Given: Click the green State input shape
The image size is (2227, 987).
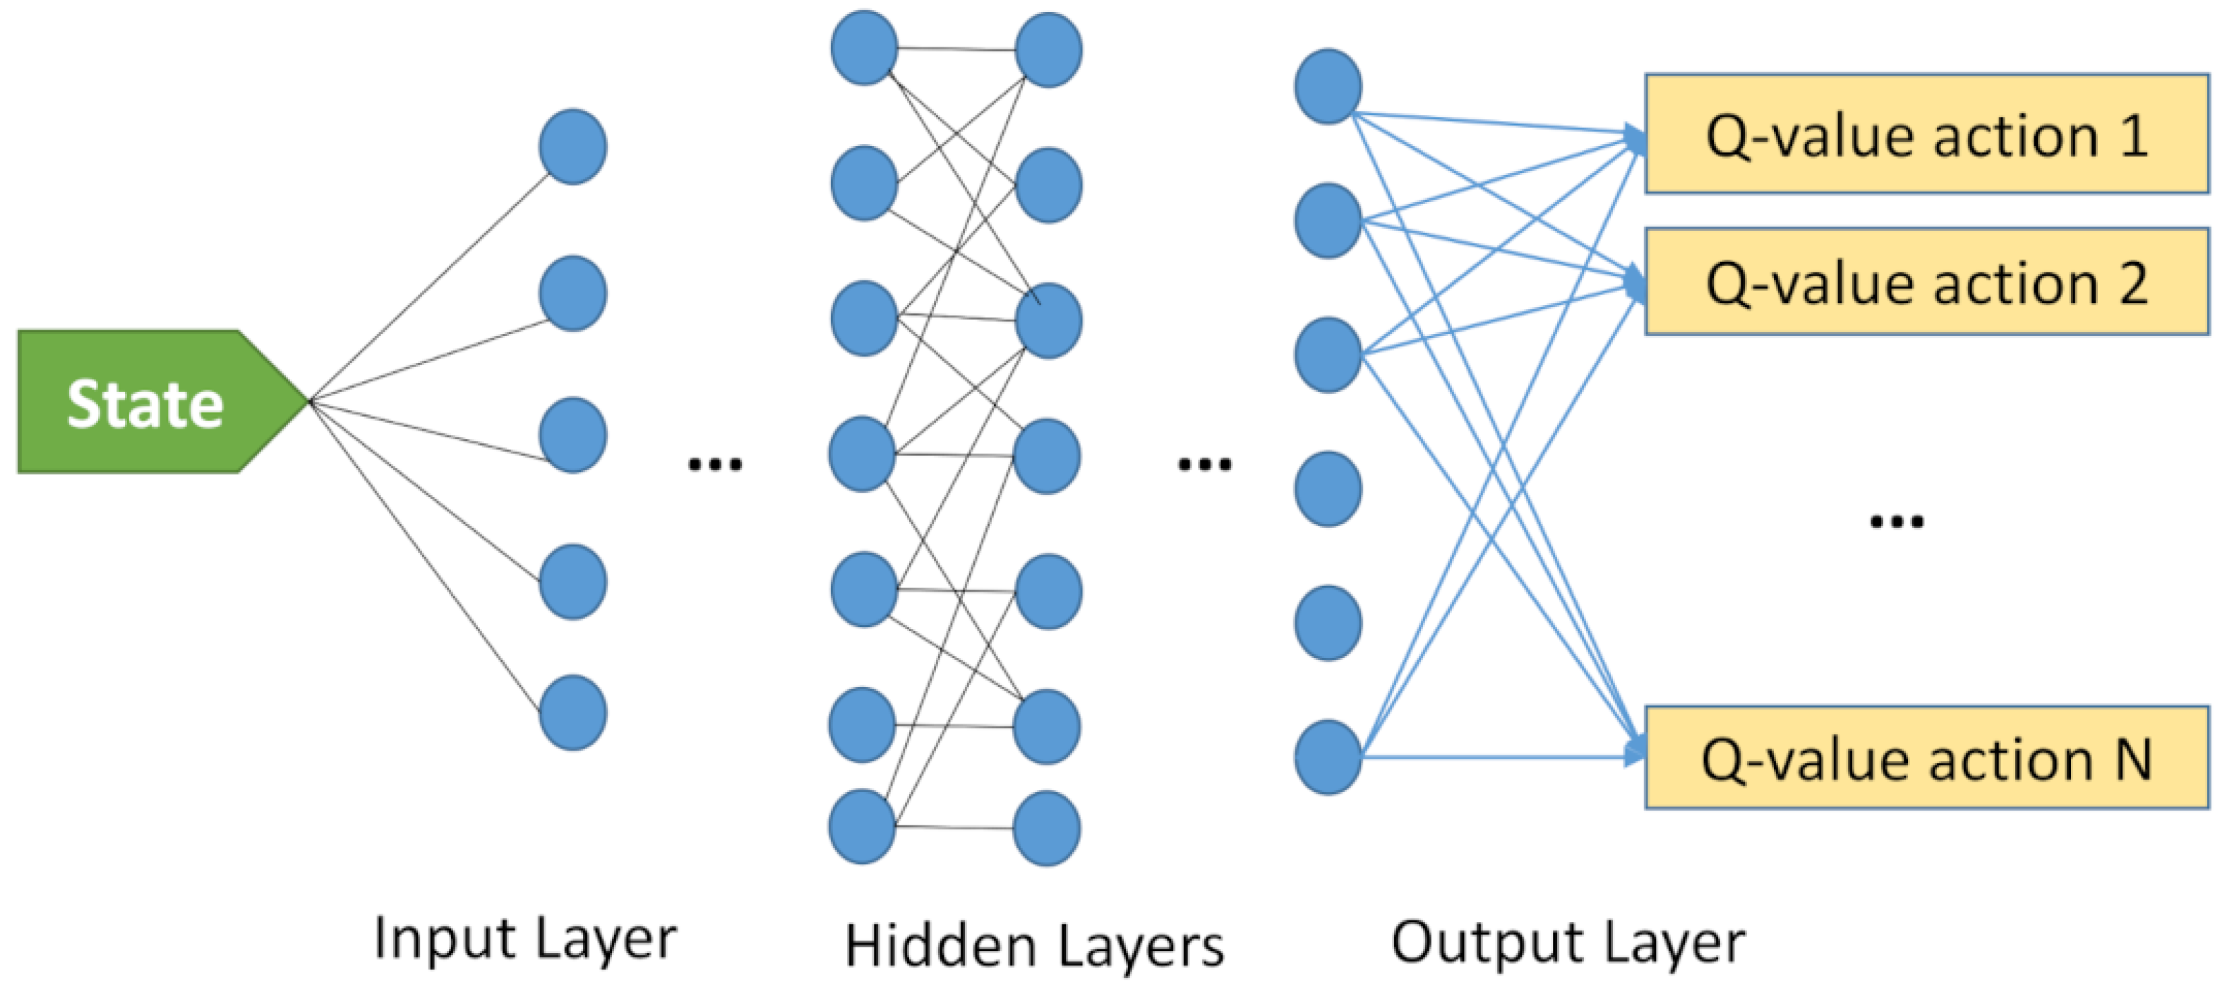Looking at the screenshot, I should [x=147, y=402].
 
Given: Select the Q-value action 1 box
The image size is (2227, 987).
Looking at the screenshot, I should [x=1926, y=134].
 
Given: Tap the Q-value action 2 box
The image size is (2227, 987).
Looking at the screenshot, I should [x=1926, y=281].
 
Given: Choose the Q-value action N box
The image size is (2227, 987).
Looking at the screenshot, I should [x=1926, y=758].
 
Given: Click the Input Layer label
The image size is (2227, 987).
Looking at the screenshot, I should [x=524, y=938].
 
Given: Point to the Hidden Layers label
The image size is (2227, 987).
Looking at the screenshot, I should [x=1034, y=945].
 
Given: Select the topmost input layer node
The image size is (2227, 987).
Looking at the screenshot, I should [x=572, y=146].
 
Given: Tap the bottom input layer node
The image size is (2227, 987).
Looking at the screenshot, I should [x=572, y=713].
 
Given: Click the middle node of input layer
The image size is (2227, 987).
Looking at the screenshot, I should [x=572, y=435].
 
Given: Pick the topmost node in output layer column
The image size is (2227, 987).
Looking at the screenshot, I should [x=1328, y=85].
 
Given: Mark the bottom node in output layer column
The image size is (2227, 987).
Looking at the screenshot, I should [x=1328, y=757].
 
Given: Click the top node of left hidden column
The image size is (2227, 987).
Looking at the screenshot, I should [x=864, y=47].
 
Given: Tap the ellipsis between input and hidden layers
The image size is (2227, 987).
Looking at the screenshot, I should [x=714, y=465].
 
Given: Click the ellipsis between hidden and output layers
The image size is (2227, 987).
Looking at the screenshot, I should [x=1204, y=465].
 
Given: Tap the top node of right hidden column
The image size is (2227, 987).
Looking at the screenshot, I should [x=1048, y=49].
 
